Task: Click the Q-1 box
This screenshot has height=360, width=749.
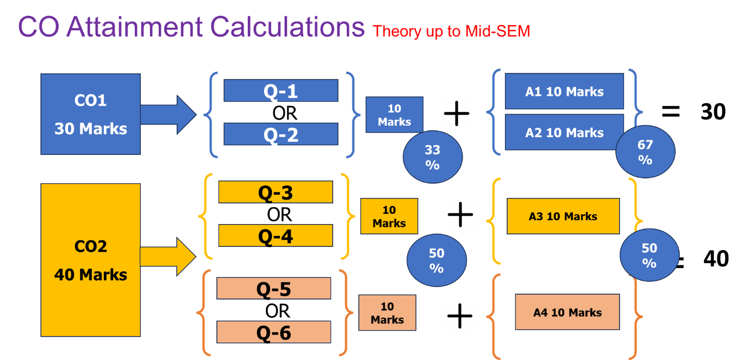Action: tap(281, 90)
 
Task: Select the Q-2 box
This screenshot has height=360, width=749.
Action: tap(281, 134)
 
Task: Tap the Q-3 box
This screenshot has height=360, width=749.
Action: tap(276, 192)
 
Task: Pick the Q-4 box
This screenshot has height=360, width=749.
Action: tap(276, 235)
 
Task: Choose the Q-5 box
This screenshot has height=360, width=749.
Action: tap(273, 288)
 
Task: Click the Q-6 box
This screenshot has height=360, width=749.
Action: tap(273, 332)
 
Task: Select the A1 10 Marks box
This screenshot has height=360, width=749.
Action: tap(564, 91)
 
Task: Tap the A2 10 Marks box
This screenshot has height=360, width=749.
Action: tap(564, 132)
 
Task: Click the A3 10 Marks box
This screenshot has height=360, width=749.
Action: tap(563, 216)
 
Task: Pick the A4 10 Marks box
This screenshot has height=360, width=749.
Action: tap(567, 312)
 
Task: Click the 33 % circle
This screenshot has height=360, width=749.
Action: tap(433, 157)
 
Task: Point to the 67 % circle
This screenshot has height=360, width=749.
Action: tap(645, 152)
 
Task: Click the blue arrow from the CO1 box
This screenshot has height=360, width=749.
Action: tap(168, 115)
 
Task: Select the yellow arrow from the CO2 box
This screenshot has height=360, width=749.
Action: tap(168, 257)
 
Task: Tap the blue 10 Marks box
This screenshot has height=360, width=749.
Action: tap(395, 115)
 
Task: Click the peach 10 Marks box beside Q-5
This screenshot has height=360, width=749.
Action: tap(387, 313)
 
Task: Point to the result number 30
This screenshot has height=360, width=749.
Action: tap(713, 111)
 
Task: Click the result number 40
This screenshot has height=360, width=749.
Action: tap(716, 259)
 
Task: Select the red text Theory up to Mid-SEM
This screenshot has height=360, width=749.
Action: tap(451, 32)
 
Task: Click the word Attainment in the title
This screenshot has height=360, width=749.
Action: tap(134, 27)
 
